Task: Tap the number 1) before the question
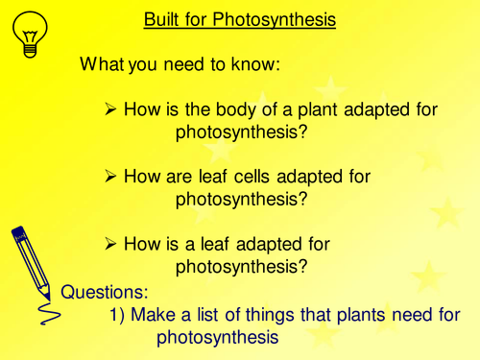pos(119,314)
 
